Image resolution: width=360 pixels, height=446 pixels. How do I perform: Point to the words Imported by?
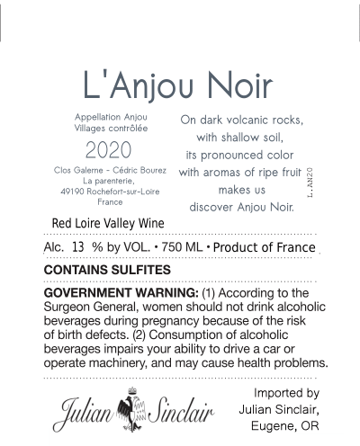click(x=286, y=394)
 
